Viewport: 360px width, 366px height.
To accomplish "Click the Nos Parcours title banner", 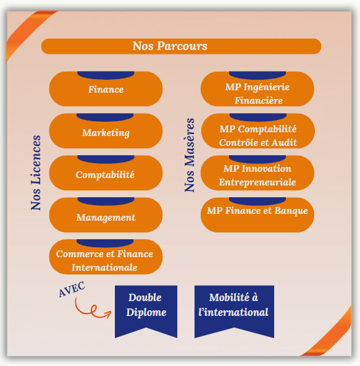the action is click(181, 46).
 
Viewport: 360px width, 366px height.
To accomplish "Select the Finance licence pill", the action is click(106, 89).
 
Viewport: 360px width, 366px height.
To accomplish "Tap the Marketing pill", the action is click(106, 131).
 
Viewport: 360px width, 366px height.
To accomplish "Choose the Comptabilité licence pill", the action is click(106, 173).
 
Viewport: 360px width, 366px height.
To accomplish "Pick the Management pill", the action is click(106, 215).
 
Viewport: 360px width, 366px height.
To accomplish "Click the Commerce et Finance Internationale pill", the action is click(106, 257).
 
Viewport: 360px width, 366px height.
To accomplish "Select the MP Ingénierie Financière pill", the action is click(257, 89).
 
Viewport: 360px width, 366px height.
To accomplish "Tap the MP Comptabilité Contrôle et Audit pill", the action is click(258, 131).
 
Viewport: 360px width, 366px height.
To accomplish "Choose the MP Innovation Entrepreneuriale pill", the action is click(257, 173).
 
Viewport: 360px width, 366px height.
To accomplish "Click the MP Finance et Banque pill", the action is click(257, 215).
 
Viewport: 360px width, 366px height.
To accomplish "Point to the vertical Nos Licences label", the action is click(36, 172).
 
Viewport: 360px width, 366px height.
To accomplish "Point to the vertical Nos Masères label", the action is click(190, 155).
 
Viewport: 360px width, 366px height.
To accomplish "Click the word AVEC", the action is click(72, 289).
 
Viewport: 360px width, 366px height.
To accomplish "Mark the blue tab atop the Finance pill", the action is click(106, 75).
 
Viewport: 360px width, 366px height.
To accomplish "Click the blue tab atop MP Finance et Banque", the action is click(257, 201).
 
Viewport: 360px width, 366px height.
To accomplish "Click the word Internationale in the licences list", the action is click(104, 268).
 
